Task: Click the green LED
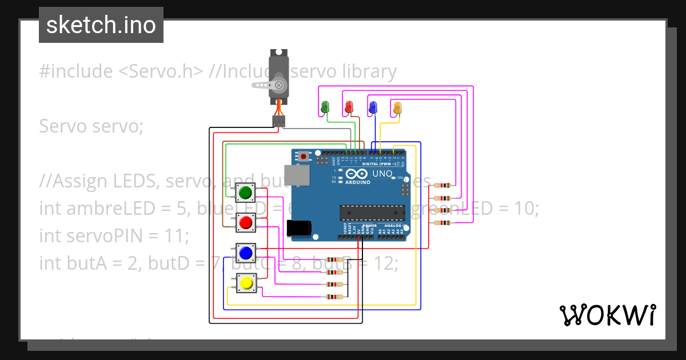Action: point(325,107)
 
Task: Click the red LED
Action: point(349,107)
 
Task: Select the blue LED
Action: point(373,107)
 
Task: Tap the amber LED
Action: point(397,107)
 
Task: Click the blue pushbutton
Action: point(246,252)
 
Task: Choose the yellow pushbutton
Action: point(246,282)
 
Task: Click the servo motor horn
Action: point(269,85)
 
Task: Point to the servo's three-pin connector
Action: point(278,121)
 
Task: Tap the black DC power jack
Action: point(298,228)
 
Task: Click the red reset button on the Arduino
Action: point(304,155)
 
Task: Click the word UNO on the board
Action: point(382,174)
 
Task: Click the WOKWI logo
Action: point(607,315)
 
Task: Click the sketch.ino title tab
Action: point(101,25)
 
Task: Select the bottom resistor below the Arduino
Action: point(334,297)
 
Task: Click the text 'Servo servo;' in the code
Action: point(91,126)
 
